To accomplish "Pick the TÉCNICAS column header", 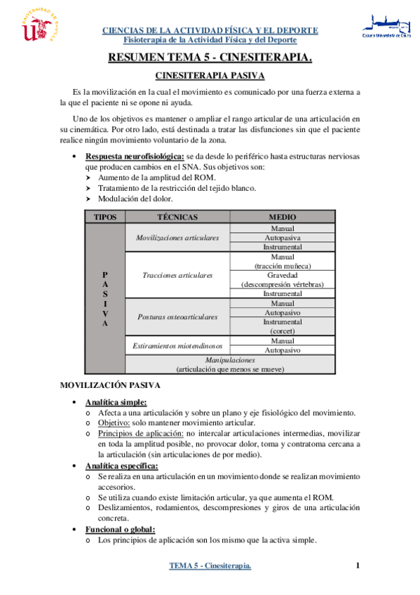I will coord(177,217).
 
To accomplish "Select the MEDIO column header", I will coord(282,217).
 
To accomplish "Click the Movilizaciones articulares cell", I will coord(177,238).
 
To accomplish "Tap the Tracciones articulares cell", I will coord(177,275).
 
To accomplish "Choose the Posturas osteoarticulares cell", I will coord(177,317).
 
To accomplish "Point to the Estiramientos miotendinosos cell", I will coord(177,345).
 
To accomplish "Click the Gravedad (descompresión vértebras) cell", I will coord(282,280).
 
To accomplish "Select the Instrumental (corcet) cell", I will coord(282,326).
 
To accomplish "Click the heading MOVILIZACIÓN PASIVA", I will coord(110,385).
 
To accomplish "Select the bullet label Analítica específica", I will coord(121,465).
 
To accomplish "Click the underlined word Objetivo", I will coord(114,423).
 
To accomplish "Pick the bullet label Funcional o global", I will coord(119,529).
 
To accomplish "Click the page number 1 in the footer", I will coord(358,566).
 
